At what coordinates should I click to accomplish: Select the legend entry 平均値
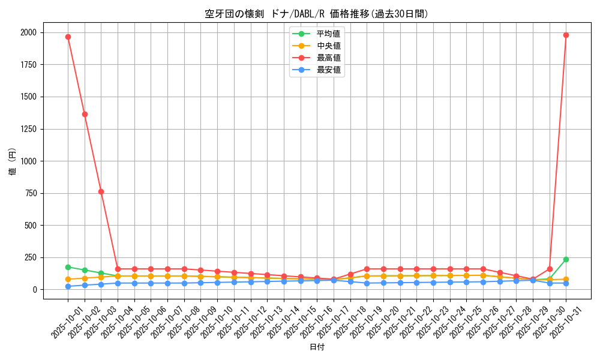pyautogui.click(x=328, y=34)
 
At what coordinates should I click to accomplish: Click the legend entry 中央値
pyautogui.click(x=328, y=46)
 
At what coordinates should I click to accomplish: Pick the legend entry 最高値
pyautogui.click(x=328, y=58)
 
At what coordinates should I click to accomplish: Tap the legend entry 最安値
pyautogui.click(x=328, y=70)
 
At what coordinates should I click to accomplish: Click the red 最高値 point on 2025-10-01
pyautogui.click(x=68, y=37)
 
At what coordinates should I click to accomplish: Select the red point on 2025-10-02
pyautogui.click(x=85, y=114)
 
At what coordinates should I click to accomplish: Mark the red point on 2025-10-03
pyautogui.click(x=101, y=191)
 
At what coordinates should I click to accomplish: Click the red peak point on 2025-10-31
pyautogui.click(x=566, y=35)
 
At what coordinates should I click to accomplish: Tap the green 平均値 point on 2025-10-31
pyautogui.click(x=566, y=259)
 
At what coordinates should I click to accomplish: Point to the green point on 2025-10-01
pyautogui.click(x=68, y=267)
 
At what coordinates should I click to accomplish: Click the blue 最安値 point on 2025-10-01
pyautogui.click(x=68, y=286)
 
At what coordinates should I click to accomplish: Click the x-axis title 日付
pyautogui.click(x=317, y=347)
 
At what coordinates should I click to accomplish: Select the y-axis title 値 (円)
pyautogui.click(x=13, y=161)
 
